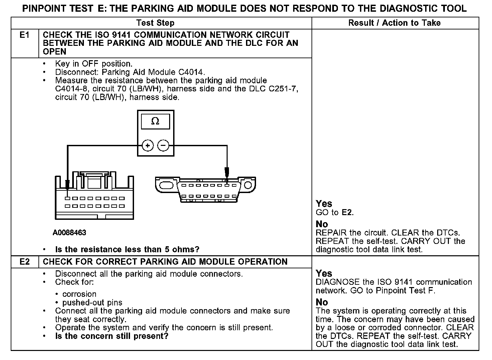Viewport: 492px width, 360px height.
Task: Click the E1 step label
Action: coord(24,35)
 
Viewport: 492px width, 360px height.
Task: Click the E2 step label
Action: coord(24,262)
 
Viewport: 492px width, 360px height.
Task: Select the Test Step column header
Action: coord(155,23)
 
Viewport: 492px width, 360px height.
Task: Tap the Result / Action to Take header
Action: coord(394,23)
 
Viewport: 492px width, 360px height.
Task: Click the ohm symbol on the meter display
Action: coord(155,121)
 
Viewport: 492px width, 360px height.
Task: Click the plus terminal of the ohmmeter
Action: coord(148,146)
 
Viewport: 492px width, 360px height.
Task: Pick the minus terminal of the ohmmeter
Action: coord(163,146)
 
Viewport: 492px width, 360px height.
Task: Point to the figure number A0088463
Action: coord(69,233)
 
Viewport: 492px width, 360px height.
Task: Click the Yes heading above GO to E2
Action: coord(324,204)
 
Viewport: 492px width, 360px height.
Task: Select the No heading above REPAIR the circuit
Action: coord(322,224)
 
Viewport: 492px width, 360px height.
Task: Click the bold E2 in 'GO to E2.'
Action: coord(347,212)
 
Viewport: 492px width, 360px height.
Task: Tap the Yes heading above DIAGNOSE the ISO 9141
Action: coord(324,273)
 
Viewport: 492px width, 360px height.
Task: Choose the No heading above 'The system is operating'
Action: coord(322,302)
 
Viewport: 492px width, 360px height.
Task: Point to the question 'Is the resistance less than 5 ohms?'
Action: coord(127,250)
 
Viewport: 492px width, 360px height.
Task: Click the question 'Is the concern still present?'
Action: coord(112,336)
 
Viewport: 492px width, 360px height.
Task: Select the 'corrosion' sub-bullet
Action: coord(79,294)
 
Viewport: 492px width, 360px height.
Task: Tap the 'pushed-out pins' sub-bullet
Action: coord(92,303)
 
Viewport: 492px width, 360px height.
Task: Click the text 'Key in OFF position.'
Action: coord(94,64)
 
